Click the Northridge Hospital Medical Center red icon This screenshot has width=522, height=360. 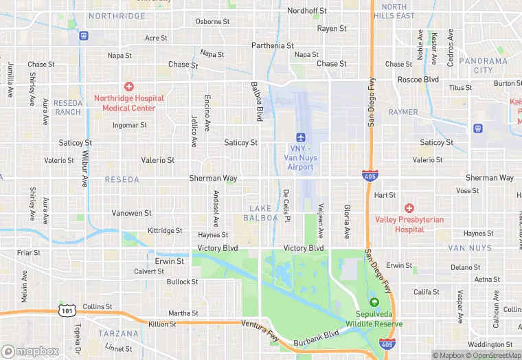pyautogui.click(x=128, y=87)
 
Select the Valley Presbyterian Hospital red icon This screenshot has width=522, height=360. pyautogui.click(x=409, y=207)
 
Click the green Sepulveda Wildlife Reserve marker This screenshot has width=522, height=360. pyautogui.click(x=374, y=302)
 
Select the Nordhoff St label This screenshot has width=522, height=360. pyautogui.click(x=307, y=11)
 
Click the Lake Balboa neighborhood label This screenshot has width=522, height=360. pyautogui.click(x=261, y=213)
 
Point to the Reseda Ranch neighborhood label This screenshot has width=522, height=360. pyautogui.click(x=68, y=107)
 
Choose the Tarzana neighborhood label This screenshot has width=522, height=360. pyautogui.click(x=118, y=334)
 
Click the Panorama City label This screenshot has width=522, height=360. pyautogui.click(x=483, y=65)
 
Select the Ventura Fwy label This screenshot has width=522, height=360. pyautogui.click(x=264, y=331)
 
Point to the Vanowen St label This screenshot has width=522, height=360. pyautogui.click(x=130, y=213)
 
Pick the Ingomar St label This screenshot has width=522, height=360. pyautogui.click(x=130, y=126)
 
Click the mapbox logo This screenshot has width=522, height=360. pyautogui.click(x=31, y=351)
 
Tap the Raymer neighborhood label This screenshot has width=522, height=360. pyautogui.click(x=403, y=112)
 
